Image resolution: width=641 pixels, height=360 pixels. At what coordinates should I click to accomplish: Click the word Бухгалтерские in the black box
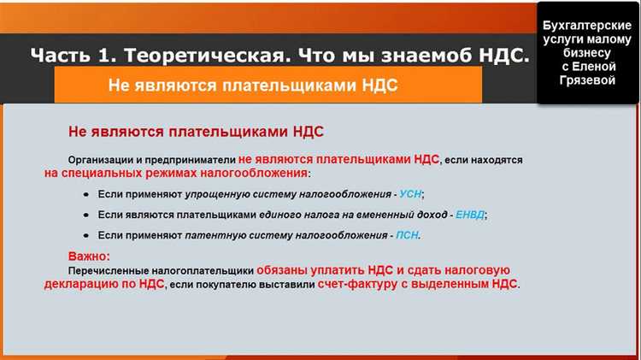click(x=586, y=27)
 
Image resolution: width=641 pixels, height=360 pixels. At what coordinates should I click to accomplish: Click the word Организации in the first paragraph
click(x=109, y=160)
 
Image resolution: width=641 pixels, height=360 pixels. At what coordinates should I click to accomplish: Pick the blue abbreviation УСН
click(x=410, y=194)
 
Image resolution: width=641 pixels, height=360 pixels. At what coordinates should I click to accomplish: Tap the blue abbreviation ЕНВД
click(x=469, y=215)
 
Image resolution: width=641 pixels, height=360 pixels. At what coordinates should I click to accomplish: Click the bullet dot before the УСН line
click(x=86, y=194)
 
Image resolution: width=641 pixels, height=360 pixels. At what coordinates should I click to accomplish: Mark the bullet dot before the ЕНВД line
click(x=86, y=215)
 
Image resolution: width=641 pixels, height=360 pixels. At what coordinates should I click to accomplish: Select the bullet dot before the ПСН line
click(x=86, y=235)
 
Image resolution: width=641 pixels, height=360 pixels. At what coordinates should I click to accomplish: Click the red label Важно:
click(x=90, y=256)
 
